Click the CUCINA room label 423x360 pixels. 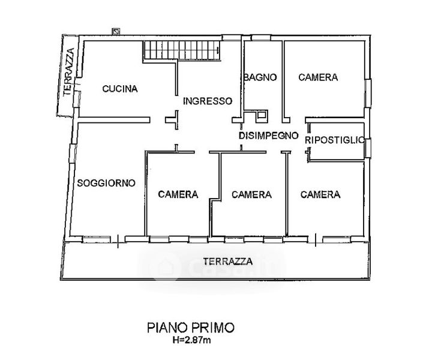(x=120, y=89)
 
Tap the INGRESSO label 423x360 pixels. (x=207, y=101)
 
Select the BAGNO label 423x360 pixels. (x=260, y=77)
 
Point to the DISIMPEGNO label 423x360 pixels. (x=268, y=136)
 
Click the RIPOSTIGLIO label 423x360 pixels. (x=334, y=139)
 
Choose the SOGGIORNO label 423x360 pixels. (x=106, y=182)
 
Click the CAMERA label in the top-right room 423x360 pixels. (x=317, y=77)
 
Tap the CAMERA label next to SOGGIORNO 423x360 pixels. (x=178, y=194)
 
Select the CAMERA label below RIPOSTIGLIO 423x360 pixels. (x=320, y=194)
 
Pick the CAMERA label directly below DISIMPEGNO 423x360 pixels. (x=251, y=194)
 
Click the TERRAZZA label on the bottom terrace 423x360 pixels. (x=227, y=261)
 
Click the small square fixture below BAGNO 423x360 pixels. (x=263, y=116)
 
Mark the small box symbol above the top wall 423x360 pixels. (x=116, y=30)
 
